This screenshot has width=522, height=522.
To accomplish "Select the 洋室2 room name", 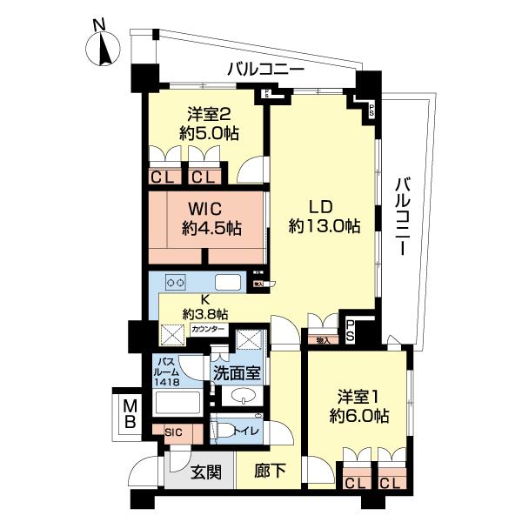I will (x=209, y=113).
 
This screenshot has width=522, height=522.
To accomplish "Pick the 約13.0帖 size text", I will (x=324, y=226).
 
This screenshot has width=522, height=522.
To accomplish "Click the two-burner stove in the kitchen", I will (x=177, y=283).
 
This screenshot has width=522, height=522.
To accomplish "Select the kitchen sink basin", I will (x=228, y=282).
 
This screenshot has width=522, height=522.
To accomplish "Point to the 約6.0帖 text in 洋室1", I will (x=359, y=416).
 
